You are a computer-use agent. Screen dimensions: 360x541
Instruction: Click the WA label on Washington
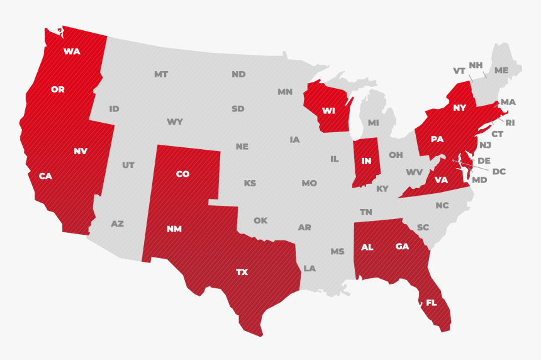tap(72, 52)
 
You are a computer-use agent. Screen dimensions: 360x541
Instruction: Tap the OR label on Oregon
tap(58, 90)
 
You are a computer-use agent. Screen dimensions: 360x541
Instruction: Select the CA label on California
tap(45, 176)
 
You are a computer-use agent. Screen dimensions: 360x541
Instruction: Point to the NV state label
tap(80, 151)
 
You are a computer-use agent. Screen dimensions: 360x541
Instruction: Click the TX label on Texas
tap(242, 273)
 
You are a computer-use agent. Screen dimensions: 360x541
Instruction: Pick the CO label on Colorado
tap(182, 174)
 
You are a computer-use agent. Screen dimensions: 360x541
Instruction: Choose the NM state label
tap(174, 229)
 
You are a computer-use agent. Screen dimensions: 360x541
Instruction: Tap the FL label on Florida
tap(431, 303)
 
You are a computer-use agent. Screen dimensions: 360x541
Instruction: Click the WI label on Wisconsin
tap(328, 111)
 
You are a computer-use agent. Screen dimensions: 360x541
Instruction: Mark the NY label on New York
tap(460, 108)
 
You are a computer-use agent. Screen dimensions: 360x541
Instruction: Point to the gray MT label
tap(161, 74)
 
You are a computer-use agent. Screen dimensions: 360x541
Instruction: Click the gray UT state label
tap(128, 166)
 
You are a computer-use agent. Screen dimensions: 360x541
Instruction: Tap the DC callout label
tap(499, 171)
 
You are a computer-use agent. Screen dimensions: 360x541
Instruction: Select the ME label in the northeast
tap(501, 70)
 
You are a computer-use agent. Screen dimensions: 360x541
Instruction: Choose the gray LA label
tap(310, 268)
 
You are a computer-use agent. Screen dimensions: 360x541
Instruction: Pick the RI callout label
tap(510, 123)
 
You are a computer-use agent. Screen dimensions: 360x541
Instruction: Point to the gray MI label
tap(374, 123)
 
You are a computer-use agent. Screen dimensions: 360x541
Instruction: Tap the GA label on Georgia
tap(403, 247)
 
